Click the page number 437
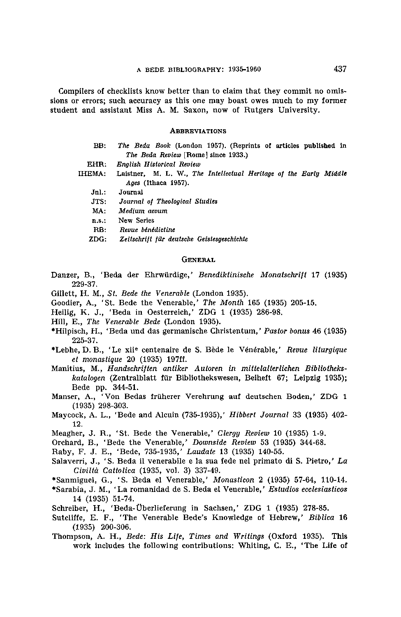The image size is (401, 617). tap(340, 69)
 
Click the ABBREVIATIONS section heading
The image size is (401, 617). tap(198, 131)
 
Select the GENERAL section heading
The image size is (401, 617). tap(198, 260)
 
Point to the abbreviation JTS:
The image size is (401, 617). tap(99, 202)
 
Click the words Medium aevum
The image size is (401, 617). tap(143, 211)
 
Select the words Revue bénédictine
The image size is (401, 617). tap(147, 230)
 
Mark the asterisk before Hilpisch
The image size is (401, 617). tap(53, 330)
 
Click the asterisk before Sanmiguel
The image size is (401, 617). tap(53, 479)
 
